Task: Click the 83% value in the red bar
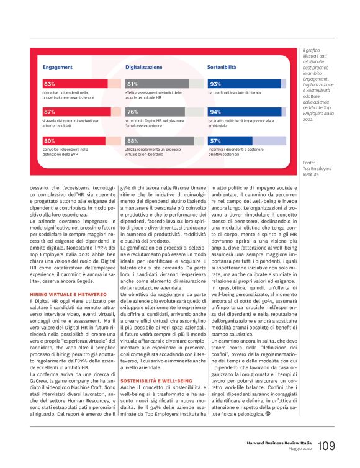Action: (x=50, y=83)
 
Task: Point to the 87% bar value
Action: (x=50, y=112)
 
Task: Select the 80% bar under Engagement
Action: (x=50, y=141)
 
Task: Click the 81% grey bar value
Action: (x=132, y=83)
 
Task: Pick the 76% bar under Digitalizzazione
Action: (x=132, y=112)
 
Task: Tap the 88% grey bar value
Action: (x=132, y=141)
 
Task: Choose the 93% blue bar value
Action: (x=215, y=83)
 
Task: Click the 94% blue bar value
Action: (x=215, y=112)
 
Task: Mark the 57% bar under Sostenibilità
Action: (x=215, y=141)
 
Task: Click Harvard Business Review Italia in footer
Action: (x=279, y=444)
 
